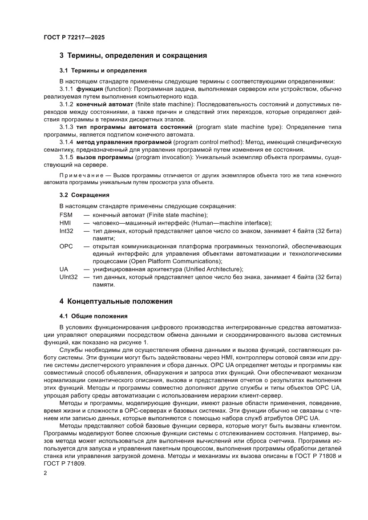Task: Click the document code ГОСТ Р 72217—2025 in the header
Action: [74, 38]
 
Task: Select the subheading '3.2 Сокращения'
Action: [85, 195]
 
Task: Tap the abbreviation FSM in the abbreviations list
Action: [66, 215]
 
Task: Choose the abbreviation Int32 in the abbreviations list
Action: [67, 231]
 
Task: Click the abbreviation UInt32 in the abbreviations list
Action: [69, 277]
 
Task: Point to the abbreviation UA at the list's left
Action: [64, 269]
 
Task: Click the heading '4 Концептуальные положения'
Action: [116, 301]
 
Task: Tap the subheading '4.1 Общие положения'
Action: [93, 316]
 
